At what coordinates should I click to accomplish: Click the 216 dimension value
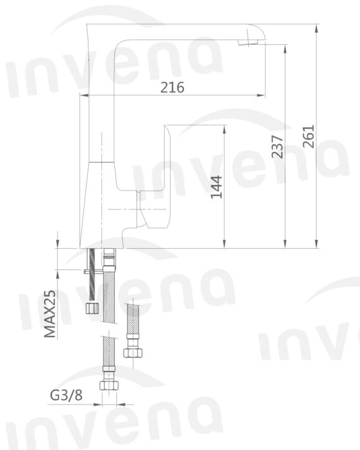coord(172,88)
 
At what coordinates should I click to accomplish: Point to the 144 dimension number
coord(217,187)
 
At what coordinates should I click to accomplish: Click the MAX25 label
coord(51,315)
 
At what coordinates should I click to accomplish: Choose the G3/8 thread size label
coord(66,396)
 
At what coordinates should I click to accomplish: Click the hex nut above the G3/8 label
coord(109,383)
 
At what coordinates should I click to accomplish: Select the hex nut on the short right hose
coord(132,352)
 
